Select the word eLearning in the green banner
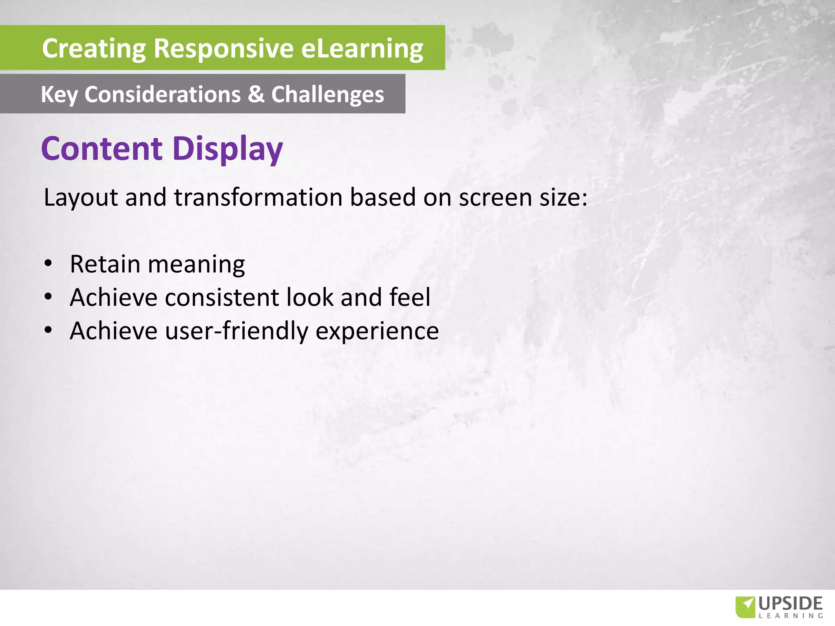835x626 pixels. pyautogui.click(x=362, y=49)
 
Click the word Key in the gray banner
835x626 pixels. pyautogui.click(x=59, y=95)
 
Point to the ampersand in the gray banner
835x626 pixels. pyautogui.click(x=256, y=94)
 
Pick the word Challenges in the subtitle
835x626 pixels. pyautogui.click(x=327, y=95)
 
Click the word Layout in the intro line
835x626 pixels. pyautogui.click(x=81, y=198)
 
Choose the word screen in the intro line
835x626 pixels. pyautogui.click(x=495, y=198)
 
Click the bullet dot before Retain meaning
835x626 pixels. pyautogui.click(x=49, y=264)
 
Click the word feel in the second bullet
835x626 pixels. pyautogui.click(x=410, y=297)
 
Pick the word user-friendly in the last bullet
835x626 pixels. pyautogui.click(x=236, y=331)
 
